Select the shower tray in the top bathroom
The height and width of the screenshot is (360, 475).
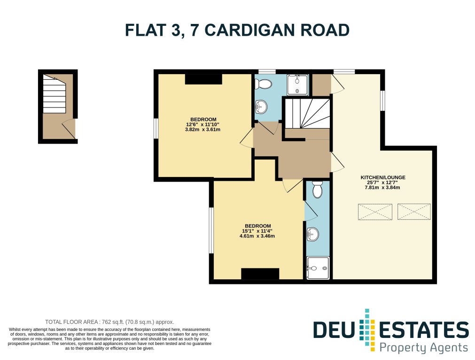pyautogui.click(x=297, y=84)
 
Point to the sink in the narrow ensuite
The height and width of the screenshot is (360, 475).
pyautogui.click(x=312, y=234)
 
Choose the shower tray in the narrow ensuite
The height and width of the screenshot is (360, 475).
pyautogui.click(x=318, y=268)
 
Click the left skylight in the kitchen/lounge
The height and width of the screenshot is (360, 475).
pyautogui.click(x=375, y=212)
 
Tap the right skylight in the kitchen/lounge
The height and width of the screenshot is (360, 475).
pyautogui.click(x=414, y=212)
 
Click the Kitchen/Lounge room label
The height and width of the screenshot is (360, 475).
pyautogui.click(x=383, y=177)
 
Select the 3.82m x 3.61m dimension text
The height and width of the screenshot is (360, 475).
pyautogui.click(x=202, y=130)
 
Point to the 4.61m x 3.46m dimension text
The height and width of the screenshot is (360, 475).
pyautogui.click(x=257, y=236)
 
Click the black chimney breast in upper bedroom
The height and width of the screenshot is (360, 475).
pyautogui.click(x=203, y=79)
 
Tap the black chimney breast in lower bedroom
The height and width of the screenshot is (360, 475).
pyautogui.click(x=260, y=274)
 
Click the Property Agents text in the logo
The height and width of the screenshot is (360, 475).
pyautogui.click(x=423, y=348)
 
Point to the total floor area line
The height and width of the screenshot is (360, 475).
pyautogui.click(x=109, y=322)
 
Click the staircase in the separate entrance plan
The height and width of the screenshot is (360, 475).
pyautogui.click(x=54, y=94)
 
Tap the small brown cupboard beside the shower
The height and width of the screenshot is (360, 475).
pyautogui.click(x=322, y=84)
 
